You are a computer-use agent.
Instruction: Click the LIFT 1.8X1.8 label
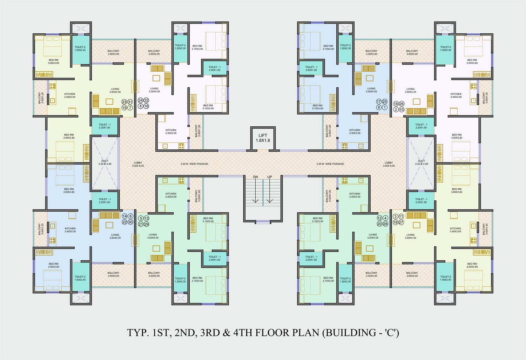click(263, 138)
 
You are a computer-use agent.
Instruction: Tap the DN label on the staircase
click(256, 177)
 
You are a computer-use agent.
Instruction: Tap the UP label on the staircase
click(269, 177)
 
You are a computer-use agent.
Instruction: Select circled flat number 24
click(141, 100)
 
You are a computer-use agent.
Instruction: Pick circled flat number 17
click(379, 101)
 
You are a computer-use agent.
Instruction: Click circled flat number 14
click(124, 216)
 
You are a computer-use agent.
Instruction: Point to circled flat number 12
click(379, 218)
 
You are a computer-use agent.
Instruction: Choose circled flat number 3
click(396, 216)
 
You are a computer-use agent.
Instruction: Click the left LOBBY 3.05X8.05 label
click(138, 164)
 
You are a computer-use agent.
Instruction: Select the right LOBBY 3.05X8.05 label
click(389, 164)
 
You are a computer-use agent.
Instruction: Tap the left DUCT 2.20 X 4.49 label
click(105, 162)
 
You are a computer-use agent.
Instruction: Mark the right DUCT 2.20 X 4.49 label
click(422, 162)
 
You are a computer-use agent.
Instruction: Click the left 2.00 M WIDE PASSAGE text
click(195, 164)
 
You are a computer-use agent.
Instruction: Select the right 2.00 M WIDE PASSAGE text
click(330, 164)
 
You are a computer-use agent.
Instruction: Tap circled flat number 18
click(396, 104)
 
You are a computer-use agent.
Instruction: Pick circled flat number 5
click(141, 218)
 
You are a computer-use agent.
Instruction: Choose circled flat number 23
click(124, 102)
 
